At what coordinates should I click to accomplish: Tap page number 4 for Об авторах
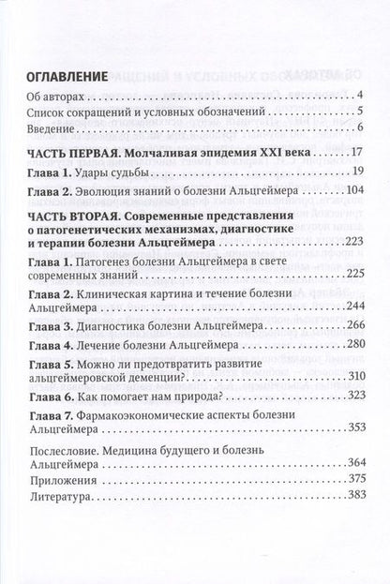point(360,97)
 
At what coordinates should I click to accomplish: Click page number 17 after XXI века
point(356,151)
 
